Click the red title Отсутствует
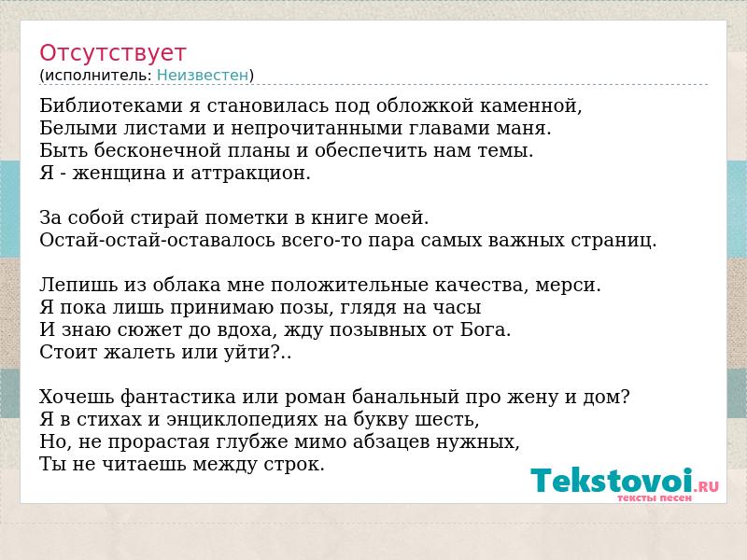(x=112, y=53)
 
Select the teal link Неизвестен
(x=203, y=76)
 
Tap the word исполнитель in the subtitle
(x=98, y=76)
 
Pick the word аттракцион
(x=250, y=174)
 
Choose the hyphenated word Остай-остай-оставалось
(x=157, y=240)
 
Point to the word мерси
(x=568, y=285)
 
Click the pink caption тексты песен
(x=655, y=498)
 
